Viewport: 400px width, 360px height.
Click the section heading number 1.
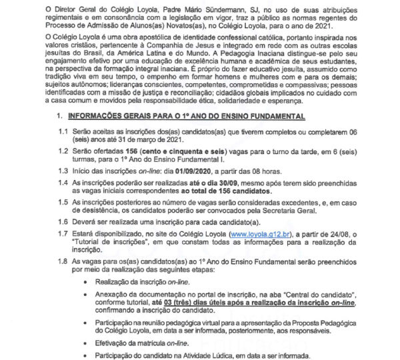click(59, 116)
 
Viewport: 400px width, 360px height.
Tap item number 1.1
click(61, 133)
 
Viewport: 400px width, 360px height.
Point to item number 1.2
click(61, 152)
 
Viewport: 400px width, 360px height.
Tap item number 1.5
click(61, 201)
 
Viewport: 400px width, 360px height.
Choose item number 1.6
click(61, 221)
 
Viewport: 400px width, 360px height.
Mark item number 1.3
click(61, 171)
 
